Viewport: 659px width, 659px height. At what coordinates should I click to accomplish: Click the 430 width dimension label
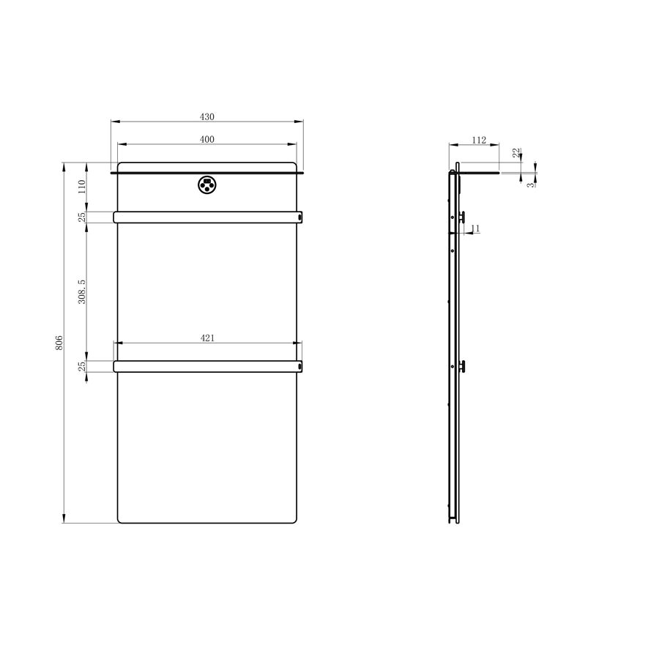tap(206, 116)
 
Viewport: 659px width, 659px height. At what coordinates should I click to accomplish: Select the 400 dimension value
tap(206, 139)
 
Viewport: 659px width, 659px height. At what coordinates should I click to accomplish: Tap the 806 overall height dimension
tap(59, 343)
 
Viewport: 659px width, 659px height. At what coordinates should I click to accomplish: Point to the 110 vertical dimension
tap(82, 187)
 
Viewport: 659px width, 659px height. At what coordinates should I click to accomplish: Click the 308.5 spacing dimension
tap(82, 291)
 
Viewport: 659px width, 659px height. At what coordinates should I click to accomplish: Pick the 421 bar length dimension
tap(207, 338)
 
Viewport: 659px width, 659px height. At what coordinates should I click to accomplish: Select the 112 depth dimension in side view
tap(479, 140)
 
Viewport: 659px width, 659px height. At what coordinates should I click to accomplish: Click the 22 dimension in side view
tap(516, 152)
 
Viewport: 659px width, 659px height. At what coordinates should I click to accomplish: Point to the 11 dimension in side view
tap(475, 228)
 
